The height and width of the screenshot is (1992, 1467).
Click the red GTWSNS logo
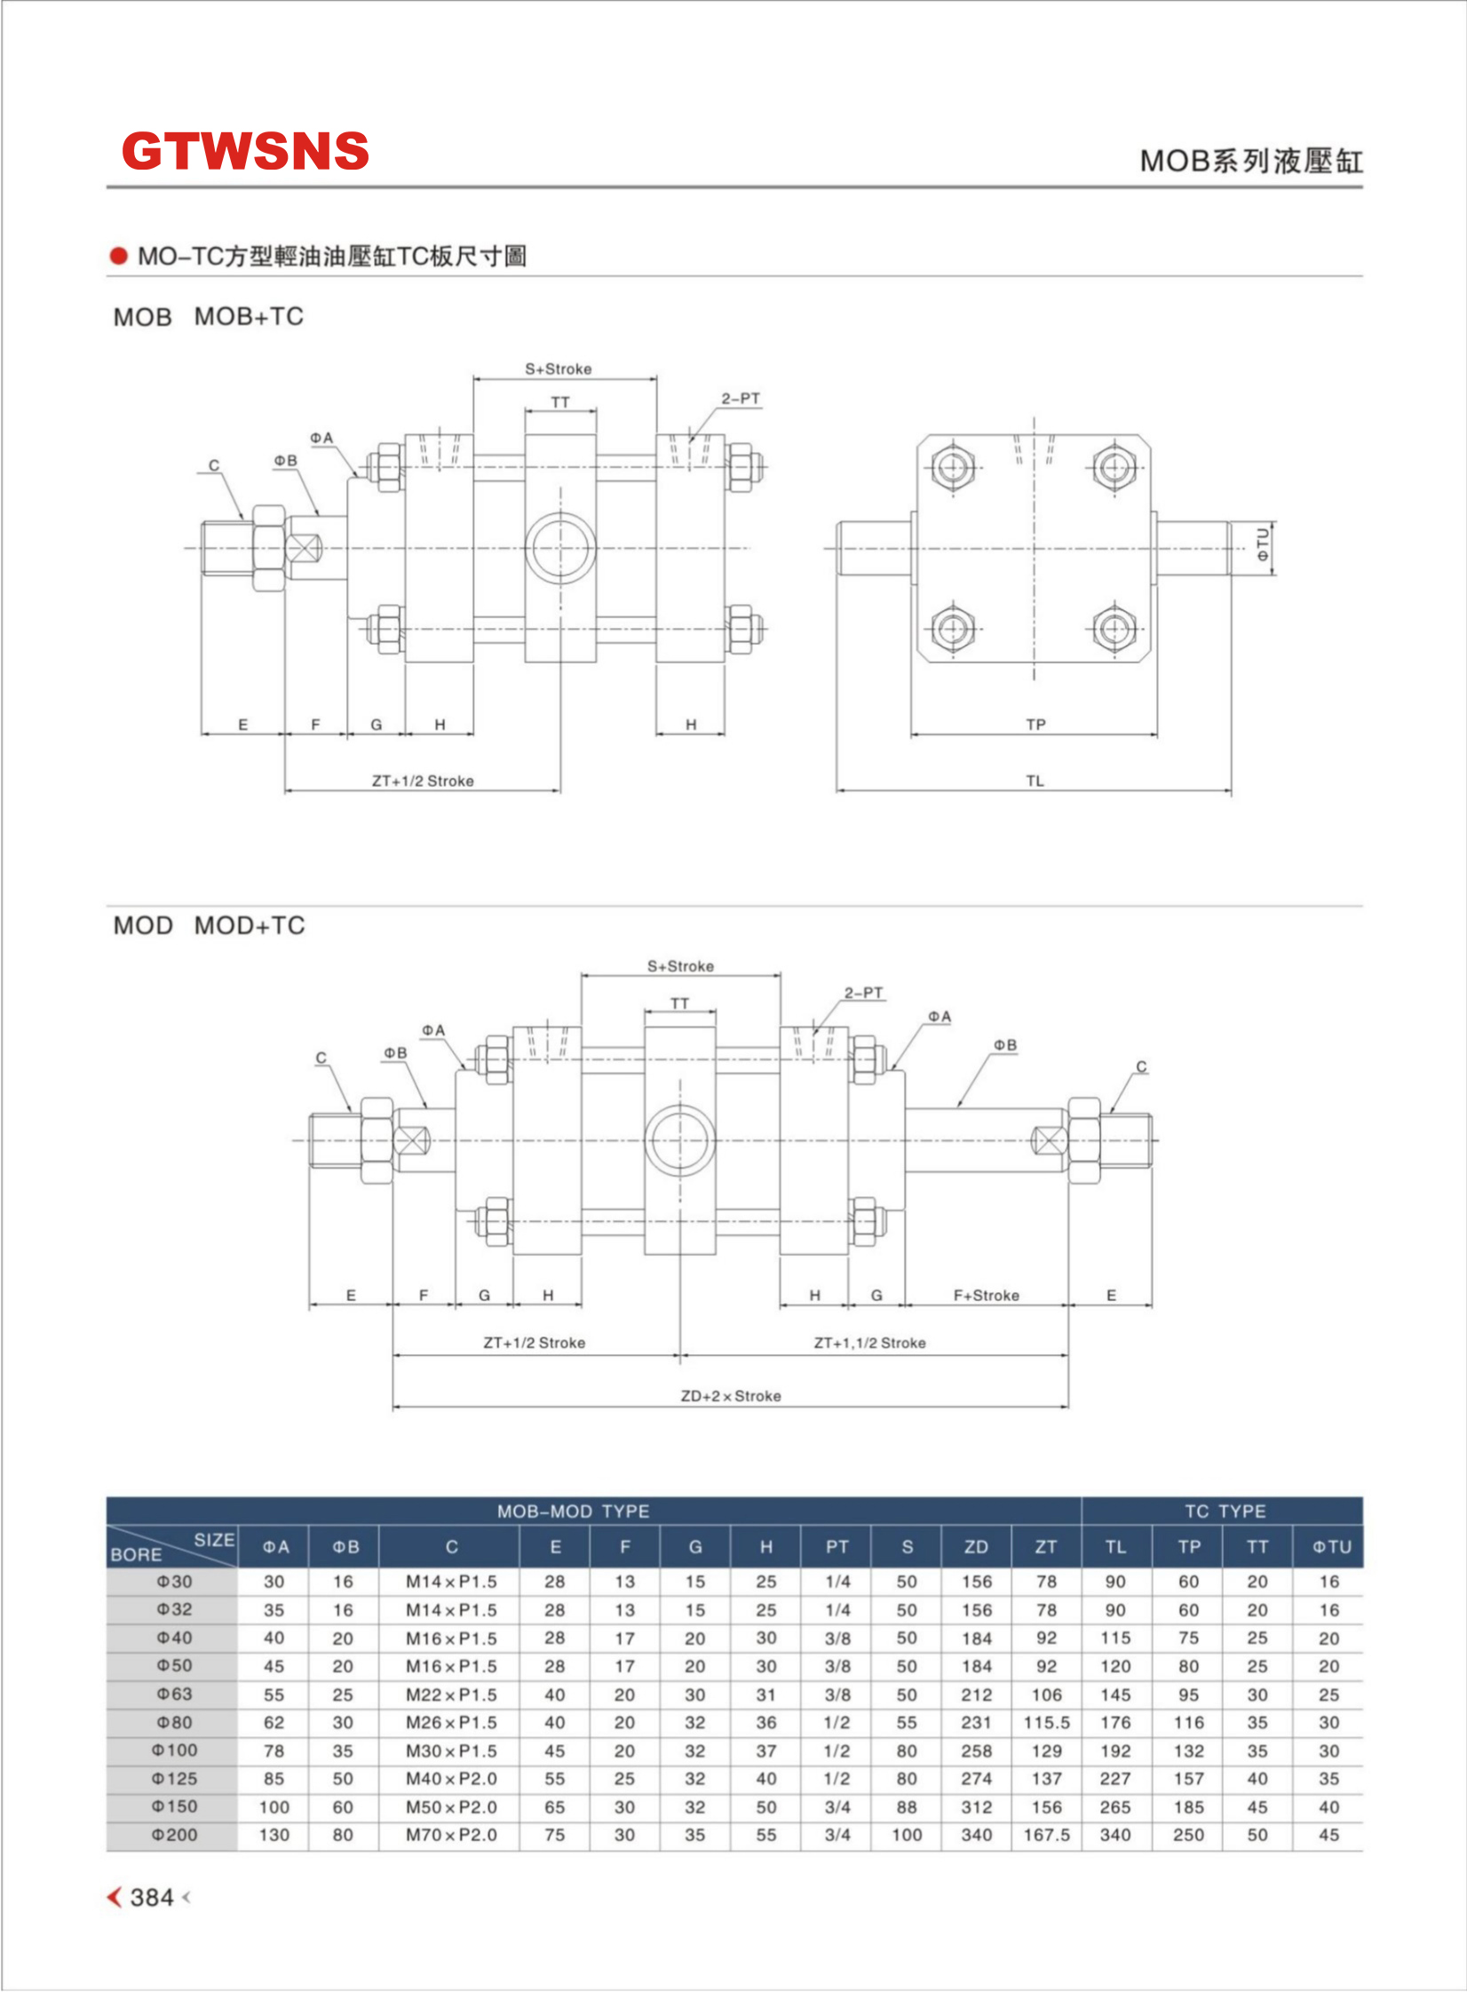245,151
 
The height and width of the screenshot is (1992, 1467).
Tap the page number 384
152,1897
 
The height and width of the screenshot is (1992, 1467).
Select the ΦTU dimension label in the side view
1263,545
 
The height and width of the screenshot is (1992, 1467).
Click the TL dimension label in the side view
1035,781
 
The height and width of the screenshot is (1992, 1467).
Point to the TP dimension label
1035,725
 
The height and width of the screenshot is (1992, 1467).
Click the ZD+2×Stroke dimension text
731,1396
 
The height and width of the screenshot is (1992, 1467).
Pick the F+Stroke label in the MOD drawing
986,1296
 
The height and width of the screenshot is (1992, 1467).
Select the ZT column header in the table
1046,1547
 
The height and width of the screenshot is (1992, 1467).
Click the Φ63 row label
174,1694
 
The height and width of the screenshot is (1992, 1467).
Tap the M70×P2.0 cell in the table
451,1835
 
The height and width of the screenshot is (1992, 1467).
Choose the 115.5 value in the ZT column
1046,1723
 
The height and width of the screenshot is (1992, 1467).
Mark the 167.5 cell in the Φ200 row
1046,1835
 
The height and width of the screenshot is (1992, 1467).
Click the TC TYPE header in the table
1225,1512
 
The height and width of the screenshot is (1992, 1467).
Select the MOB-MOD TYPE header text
573,1512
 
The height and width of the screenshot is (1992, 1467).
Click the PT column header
837,1547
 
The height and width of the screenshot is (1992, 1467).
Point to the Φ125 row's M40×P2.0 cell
451,1779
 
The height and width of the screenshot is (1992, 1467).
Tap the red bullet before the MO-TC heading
119,257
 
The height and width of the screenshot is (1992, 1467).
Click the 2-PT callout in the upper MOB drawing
741,399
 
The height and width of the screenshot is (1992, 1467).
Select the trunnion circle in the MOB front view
560,548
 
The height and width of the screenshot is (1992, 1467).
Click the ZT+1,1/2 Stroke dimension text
869,1343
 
